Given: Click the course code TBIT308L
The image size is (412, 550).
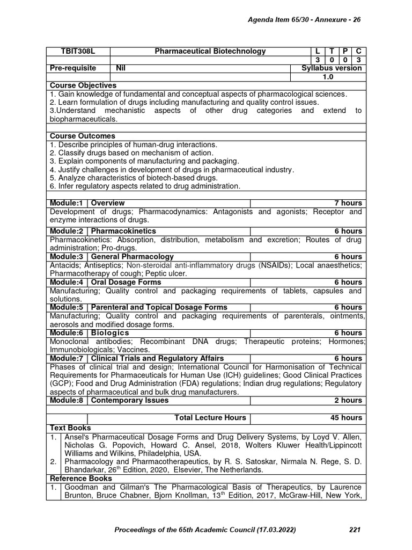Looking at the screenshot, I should coord(78,51).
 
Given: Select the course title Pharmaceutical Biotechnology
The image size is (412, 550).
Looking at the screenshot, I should coord(210,51).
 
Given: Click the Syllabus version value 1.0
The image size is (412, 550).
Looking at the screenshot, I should coord(328,77).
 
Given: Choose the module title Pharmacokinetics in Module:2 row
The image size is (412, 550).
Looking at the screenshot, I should coord(123,231).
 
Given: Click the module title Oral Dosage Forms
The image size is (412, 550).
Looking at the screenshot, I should coord(126,282).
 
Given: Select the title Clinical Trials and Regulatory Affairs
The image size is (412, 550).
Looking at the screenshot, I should coord(158,358).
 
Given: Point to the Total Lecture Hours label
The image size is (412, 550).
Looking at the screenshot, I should coord(210,417).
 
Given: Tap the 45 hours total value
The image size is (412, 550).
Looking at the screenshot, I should coord(346,417).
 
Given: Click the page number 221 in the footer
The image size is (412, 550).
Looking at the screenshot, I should coord(355,530).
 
